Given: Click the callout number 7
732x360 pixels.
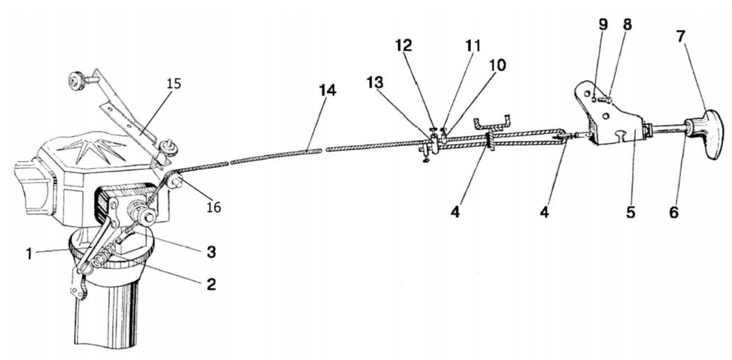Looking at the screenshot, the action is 681,36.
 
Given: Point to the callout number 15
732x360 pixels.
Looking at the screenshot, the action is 174,84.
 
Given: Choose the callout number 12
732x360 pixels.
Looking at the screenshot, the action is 403,45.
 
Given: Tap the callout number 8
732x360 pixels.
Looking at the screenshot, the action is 627,24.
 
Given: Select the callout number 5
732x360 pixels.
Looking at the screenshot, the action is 631,212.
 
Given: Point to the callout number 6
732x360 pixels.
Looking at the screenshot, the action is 673,212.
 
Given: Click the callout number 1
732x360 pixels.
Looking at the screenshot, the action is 30,254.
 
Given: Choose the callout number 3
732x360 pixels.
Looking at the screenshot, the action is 211,252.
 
